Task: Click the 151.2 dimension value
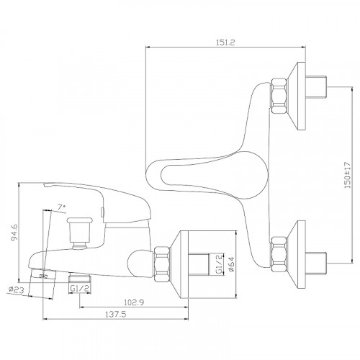click(225, 42)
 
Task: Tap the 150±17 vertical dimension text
click(348, 175)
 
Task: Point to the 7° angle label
click(62, 207)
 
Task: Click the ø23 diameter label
click(16, 289)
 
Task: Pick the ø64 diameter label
click(231, 264)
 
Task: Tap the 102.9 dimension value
click(134, 302)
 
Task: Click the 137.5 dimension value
click(116, 314)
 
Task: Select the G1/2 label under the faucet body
click(80, 288)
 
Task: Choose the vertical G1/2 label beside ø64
click(219, 264)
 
